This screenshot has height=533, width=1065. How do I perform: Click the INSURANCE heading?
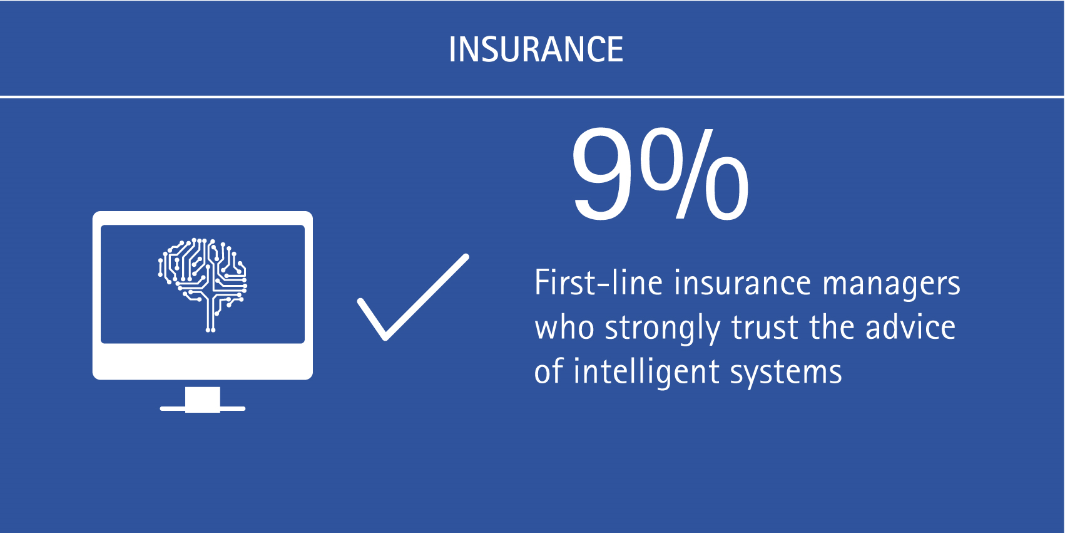click(536, 49)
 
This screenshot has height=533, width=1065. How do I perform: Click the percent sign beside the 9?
click(695, 173)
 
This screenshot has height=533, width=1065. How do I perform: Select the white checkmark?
click(413, 298)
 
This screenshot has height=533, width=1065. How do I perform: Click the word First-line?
click(599, 282)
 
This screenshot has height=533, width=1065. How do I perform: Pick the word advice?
click(910, 327)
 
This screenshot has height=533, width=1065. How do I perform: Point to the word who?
click(564, 327)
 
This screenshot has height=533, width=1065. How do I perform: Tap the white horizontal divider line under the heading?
click(532, 96)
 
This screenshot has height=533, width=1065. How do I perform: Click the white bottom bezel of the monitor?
click(203, 361)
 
